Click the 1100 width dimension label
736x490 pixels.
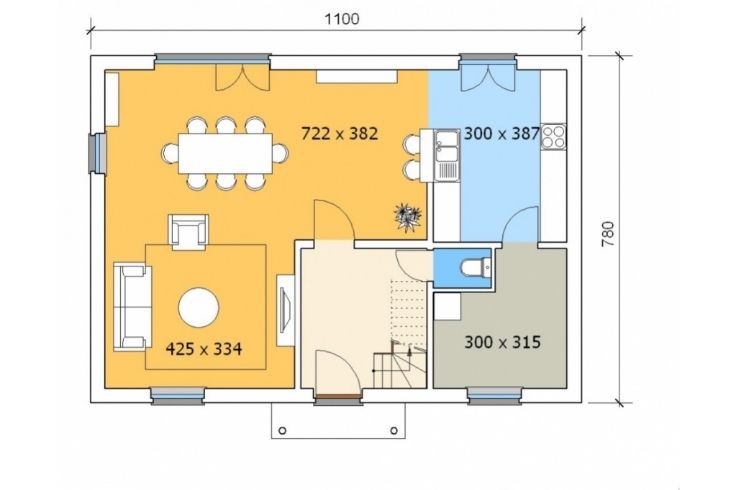coord(342,19)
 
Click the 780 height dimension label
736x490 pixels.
coord(607,234)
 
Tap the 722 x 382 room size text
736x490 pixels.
coord(339,134)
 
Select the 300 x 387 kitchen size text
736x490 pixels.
coord(502,134)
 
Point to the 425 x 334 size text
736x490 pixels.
coord(204,349)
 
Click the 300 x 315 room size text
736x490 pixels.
coord(502,342)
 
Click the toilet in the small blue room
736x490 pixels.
coord(475,268)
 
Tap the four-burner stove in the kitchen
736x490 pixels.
coord(553,137)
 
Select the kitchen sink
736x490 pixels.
coord(446,155)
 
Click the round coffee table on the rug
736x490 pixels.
coord(199,307)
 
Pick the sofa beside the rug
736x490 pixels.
coord(132,307)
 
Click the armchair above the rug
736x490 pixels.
coord(188,232)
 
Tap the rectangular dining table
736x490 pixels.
coord(225,153)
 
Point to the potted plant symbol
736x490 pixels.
coord(407,217)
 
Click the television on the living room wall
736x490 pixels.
coord(285,310)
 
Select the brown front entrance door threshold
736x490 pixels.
coord(337,397)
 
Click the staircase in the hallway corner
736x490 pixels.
coord(399,364)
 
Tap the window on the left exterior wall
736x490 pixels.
coord(98,153)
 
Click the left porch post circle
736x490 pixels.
coord(282,430)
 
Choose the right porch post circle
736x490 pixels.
coord(394,430)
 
